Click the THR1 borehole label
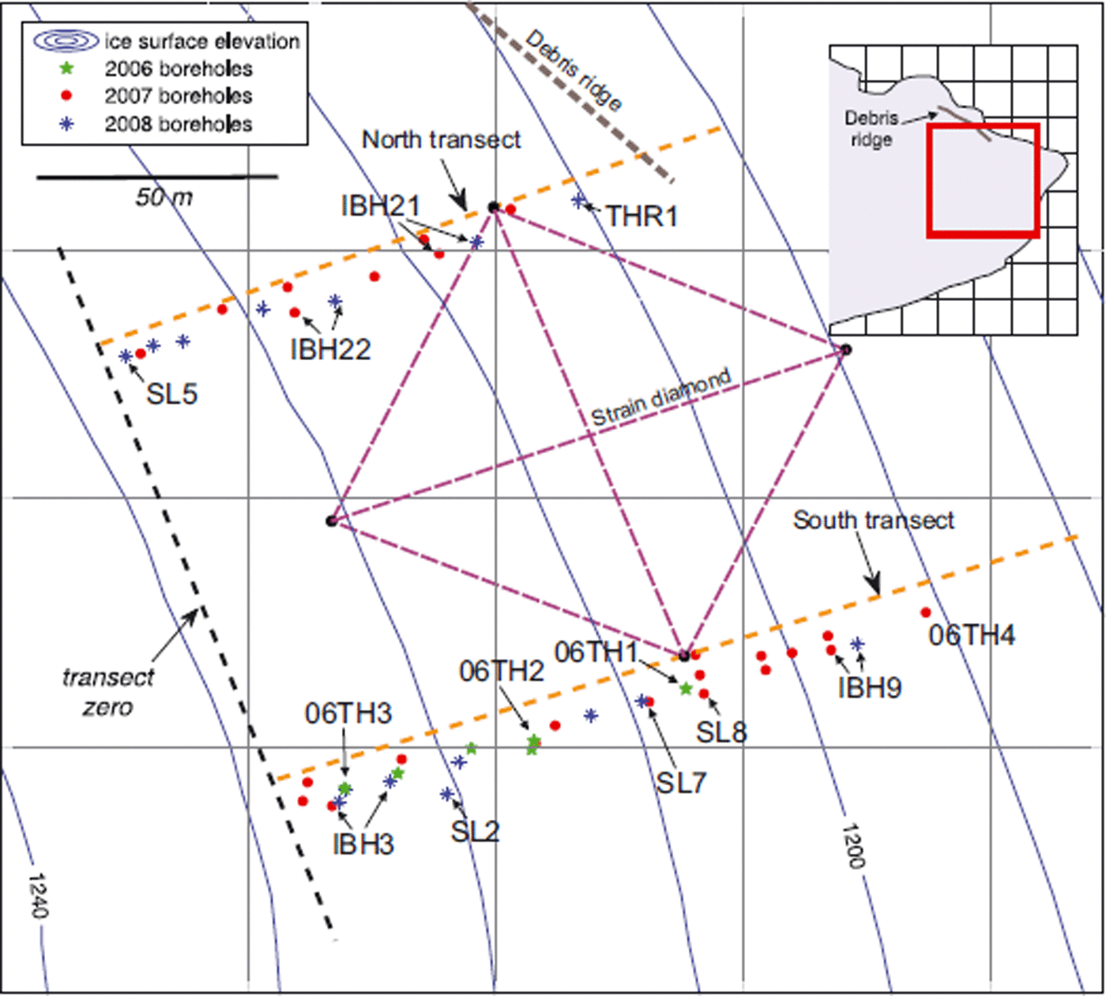click(x=641, y=216)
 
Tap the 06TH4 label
click(x=971, y=635)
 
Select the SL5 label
click(x=171, y=393)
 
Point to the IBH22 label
click(x=330, y=349)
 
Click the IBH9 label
click(x=869, y=687)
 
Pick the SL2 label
click(x=475, y=831)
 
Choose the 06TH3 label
click(x=348, y=713)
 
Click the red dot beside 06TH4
click(x=925, y=612)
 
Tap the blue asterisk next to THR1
click(x=579, y=201)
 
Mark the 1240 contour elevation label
click(x=38, y=896)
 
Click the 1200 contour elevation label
click(x=852, y=846)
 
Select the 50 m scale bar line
click(x=157, y=177)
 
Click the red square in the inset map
click(x=983, y=180)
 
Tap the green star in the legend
click(x=67, y=69)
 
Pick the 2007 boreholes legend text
click(x=179, y=96)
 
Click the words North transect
click(x=441, y=140)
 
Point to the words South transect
click(x=873, y=521)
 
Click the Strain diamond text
click(x=660, y=398)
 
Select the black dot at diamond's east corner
click(x=845, y=349)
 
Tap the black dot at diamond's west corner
click(x=332, y=521)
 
